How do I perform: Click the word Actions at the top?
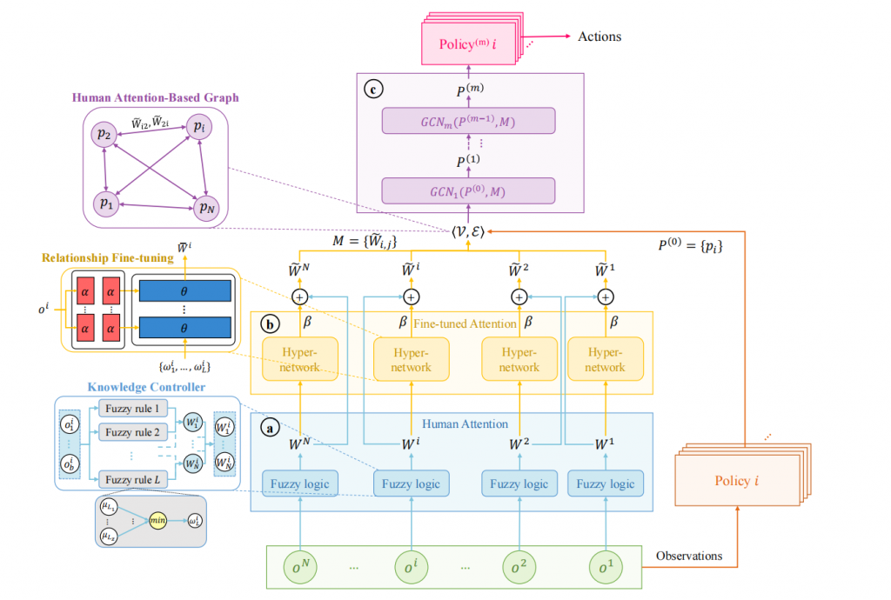pos(600,37)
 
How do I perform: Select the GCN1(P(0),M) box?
pos(468,190)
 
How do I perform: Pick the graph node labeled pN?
pos(206,207)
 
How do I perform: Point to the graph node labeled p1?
pos(106,203)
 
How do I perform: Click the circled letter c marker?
pos(374,88)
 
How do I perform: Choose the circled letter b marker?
pos(270,325)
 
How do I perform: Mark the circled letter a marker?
pos(270,427)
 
